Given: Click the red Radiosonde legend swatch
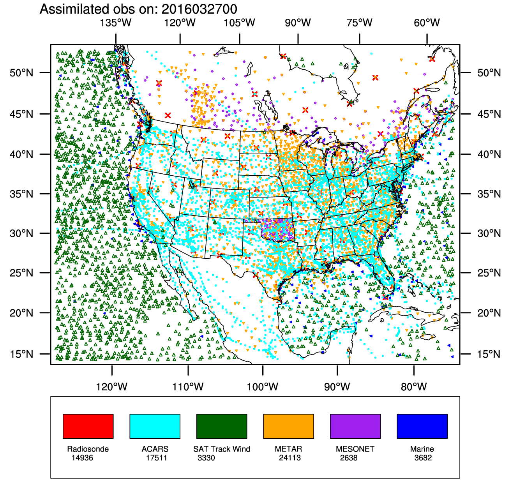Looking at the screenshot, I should coord(88,426).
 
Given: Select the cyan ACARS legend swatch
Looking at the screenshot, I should coord(155,426).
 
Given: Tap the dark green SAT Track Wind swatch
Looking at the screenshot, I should coord(222,426).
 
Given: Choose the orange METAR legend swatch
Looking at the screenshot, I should coord(288,426).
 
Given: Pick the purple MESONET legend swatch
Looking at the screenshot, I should coord(355,426).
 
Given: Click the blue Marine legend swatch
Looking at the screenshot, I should coord(422,426).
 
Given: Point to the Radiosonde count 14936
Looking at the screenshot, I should coord(82,458).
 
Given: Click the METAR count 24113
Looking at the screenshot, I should coord(290,458).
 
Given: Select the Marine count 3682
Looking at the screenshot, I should coord(423,458).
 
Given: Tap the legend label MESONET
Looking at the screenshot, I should coord(355,449).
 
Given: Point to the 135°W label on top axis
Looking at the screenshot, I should coord(116,23).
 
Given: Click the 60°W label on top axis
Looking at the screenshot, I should coord(427,23).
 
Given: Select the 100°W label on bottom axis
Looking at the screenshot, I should coord(263,387).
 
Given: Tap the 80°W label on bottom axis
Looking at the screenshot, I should coord(414,387).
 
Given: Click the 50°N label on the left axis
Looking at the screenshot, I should coord(21,73).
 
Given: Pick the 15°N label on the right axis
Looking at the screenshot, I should coord(489,354).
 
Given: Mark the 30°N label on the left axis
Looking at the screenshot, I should coord(21,233).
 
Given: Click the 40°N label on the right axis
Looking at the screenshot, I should coord(489,154).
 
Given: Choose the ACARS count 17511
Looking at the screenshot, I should coord(157,458).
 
